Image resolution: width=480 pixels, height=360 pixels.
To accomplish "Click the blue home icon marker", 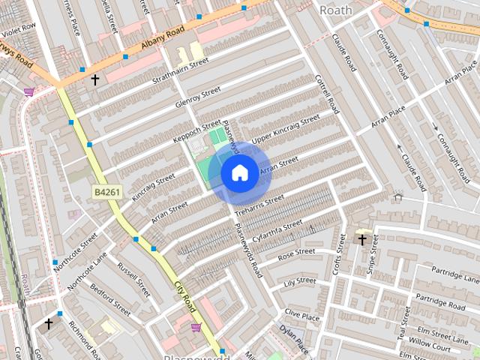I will pyautogui.click(x=239, y=173).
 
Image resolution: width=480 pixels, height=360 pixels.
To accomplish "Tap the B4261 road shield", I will pyautogui.click(x=107, y=193).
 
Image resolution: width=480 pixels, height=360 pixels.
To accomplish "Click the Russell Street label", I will pyautogui.click(x=133, y=278).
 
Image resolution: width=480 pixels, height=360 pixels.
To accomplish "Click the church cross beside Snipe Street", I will pyautogui.click(x=362, y=240).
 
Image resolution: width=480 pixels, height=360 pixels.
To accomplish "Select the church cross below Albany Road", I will pyautogui.click(x=95, y=79).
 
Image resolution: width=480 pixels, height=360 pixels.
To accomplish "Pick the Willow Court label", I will pyautogui.click(x=430, y=348).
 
